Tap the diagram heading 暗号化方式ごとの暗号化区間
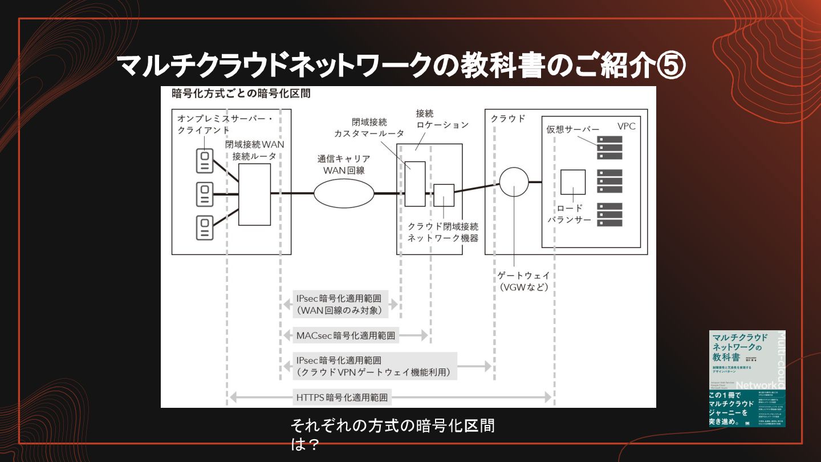pyautogui.click(x=241, y=93)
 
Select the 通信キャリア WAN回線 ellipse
pyautogui.click(x=344, y=193)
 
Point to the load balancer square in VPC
pyautogui.click(x=572, y=182)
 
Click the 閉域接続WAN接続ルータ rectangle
pyautogui.click(x=254, y=194)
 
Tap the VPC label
pyautogui.click(x=626, y=126)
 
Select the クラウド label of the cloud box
pyautogui.click(x=508, y=119)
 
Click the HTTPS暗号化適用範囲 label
pyautogui.click(x=342, y=397)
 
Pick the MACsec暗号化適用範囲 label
pyautogui.click(x=346, y=335)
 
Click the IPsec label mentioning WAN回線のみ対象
pyautogui.click(x=341, y=305)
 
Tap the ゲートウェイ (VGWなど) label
pyautogui.click(x=523, y=281)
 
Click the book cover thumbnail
pyautogui.click(x=747, y=378)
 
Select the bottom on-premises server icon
pyautogui.click(x=204, y=227)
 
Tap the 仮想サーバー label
pyautogui.click(x=573, y=129)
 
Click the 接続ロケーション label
pyautogui.click(x=442, y=119)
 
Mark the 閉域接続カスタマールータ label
pyautogui.click(x=369, y=128)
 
